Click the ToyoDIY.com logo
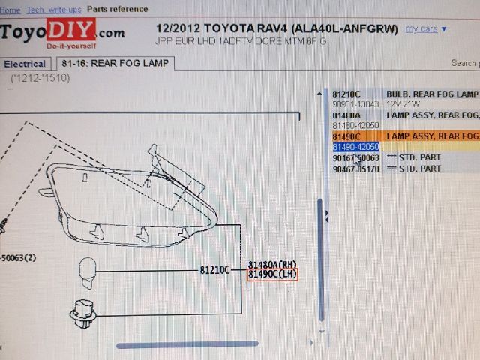click(x=61, y=33)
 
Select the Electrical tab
click(x=25, y=64)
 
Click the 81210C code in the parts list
click(x=347, y=94)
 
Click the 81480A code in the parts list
click(x=347, y=115)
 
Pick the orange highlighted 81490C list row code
click(x=346, y=136)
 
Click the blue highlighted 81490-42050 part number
click(x=355, y=147)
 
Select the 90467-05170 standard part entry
click(x=355, y=169)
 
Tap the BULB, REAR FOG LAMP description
click(x=432, y=94)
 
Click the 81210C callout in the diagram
click(x=214, y=269)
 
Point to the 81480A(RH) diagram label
click(x=272, y=264)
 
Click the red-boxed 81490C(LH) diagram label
click(x=272, y=274)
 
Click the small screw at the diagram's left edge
click(x=4, y=223)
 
